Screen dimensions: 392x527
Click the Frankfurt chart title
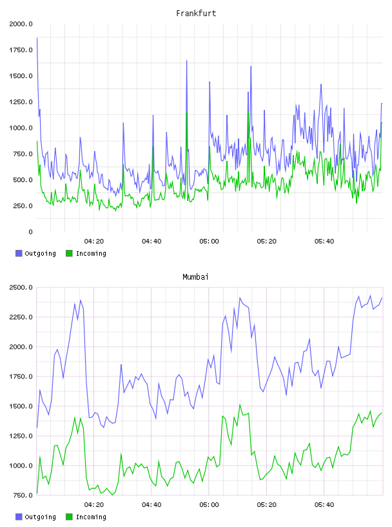pos(196,13)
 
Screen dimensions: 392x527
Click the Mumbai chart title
pos(195,276)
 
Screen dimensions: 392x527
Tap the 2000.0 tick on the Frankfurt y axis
pos(21,24)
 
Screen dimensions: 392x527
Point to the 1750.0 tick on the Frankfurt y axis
pos(21,50)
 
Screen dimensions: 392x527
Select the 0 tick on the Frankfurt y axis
pos(30,232)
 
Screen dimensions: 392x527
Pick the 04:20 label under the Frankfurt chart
pos(94,241)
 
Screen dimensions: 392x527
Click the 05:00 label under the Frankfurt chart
pos(209,241)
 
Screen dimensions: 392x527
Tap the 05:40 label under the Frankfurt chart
pos(324,241)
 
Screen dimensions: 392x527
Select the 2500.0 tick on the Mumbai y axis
pos(21,287)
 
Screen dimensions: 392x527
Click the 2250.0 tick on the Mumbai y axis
pos(21,317)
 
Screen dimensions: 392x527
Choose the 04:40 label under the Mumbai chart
pos(152,504)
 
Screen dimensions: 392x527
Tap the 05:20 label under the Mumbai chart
pos(266,504)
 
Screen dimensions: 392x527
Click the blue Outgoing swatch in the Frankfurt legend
pos(19,253)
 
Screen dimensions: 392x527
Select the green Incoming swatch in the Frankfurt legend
pos(69,253)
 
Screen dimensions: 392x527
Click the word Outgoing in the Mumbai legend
pos(40,517)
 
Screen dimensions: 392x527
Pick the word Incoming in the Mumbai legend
pos(91,517)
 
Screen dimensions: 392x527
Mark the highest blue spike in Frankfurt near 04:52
pos(186,61)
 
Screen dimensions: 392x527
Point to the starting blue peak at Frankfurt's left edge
pos(37,38)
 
